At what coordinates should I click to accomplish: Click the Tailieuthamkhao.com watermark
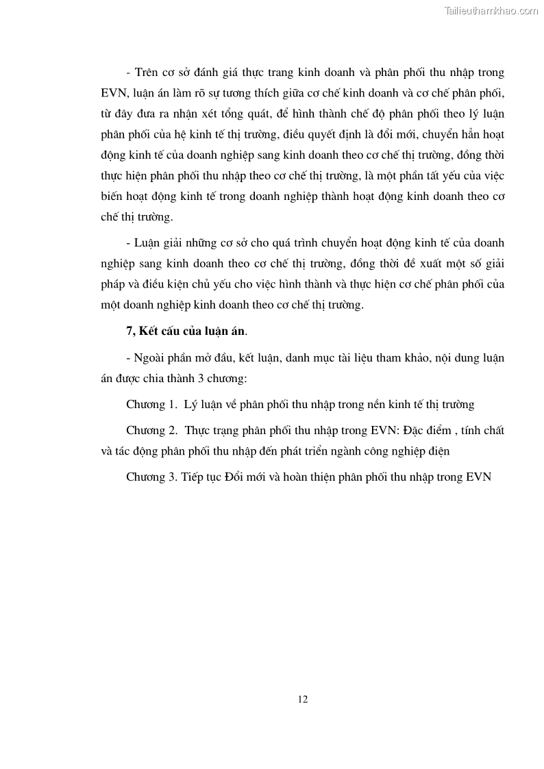pos(491,11)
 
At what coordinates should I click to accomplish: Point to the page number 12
pos(303,699)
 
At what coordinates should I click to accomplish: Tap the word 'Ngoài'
pos(149,357)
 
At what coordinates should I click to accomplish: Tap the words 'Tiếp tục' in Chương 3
pos(203,478)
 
